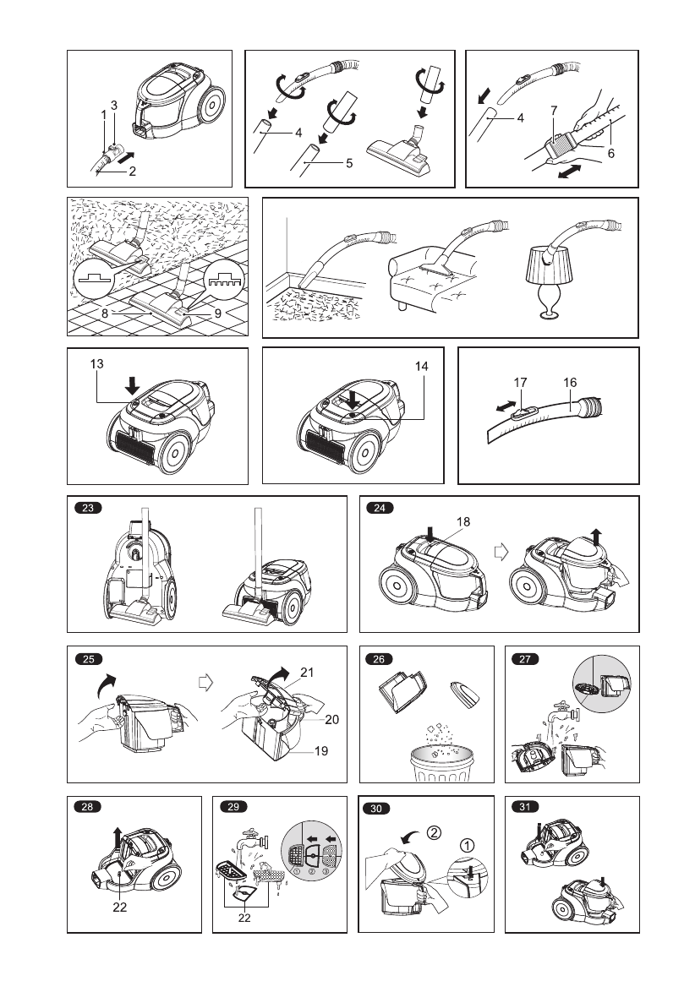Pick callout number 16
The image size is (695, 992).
570,382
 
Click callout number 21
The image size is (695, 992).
306,673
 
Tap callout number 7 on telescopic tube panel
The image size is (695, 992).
553,111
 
